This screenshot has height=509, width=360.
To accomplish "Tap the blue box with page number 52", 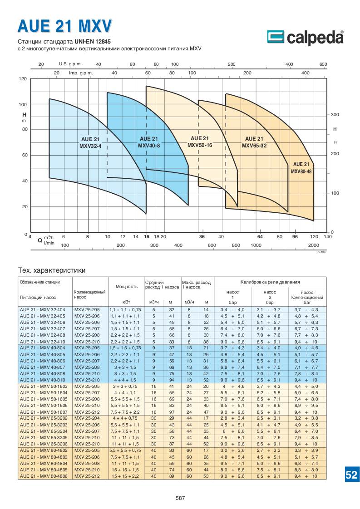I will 351,475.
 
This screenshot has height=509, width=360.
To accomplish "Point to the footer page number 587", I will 180,498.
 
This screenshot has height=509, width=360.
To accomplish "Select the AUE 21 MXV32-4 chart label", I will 90,142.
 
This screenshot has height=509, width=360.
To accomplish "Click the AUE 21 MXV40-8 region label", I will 149,142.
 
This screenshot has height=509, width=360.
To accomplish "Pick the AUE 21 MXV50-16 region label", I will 200,142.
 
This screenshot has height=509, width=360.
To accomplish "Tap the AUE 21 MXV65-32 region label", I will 254,142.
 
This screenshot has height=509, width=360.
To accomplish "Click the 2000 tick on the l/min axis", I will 313,245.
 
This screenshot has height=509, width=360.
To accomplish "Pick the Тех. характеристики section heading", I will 51,270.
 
